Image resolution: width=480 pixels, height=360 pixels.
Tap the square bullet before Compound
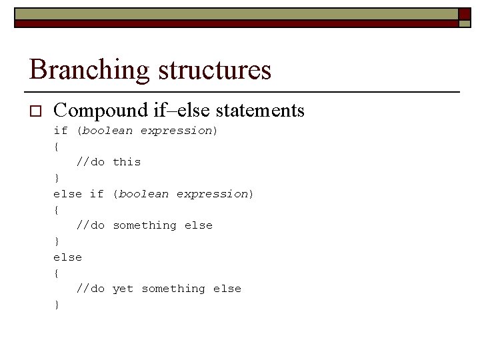pyautogui.click(x=35, y=111)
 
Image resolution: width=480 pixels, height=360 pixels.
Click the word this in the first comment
pyautogui.click(x=127, y=162)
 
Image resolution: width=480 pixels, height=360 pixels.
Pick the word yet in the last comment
pyautogui.click(x=123, y=289)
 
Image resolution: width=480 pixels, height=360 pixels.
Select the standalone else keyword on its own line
pyautogui.click(x=67, y=257)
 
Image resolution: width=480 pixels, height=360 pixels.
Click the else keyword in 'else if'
pyautogui.click(x=67, y=194)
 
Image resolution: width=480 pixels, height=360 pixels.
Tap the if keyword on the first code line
pyautogui.click(x=61, y=131)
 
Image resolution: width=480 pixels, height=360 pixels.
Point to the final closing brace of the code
pyautogui.click(x=57, y=305)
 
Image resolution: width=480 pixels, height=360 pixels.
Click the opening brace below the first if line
pyautogui.click(x=57, y=147)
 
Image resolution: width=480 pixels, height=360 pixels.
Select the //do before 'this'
pyautogui.click(x=91, y=162)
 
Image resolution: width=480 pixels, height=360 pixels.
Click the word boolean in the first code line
pyautogui.click(x=107, y=131)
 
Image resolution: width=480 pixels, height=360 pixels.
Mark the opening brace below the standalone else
pyautogui.click(x=57, y=273)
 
